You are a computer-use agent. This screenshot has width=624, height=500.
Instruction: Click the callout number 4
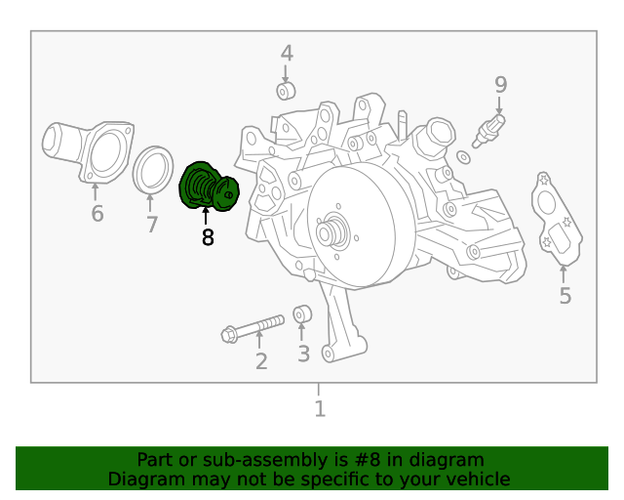pyautogui.click(x=287, y=53)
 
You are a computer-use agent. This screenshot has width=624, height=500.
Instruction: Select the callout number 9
pyautogui.click(x=500, y=85)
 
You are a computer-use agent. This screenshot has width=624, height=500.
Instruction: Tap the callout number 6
pyautogui.click(x=97, y=213)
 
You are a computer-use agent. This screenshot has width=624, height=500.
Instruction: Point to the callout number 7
pyautogui.click(x=151, y=226)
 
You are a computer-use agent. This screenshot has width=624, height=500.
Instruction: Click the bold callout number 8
pyautogui.click(x=207, y=236)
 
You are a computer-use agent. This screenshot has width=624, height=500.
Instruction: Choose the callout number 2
pyautogui.click(x=260, y=362)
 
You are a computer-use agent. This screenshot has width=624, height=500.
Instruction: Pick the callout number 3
pyautogui.click(x=303, y=354)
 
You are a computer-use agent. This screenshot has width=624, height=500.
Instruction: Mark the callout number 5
pyautogui.click(x=565, y=295)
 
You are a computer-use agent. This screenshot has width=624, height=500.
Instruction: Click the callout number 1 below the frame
pyautogui.click(x=319, y=409)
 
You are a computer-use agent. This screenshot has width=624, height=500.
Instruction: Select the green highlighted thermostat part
pyautogui.click(x=207, y=187)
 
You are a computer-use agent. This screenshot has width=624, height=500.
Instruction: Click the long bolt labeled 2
pyautogui.click(x=252, y=327)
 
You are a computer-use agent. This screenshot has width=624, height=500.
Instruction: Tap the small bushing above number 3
pyautogui.click(x=302, y=313)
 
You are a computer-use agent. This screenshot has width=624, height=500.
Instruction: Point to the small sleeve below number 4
pyautogui.click(x=287, y=92)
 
